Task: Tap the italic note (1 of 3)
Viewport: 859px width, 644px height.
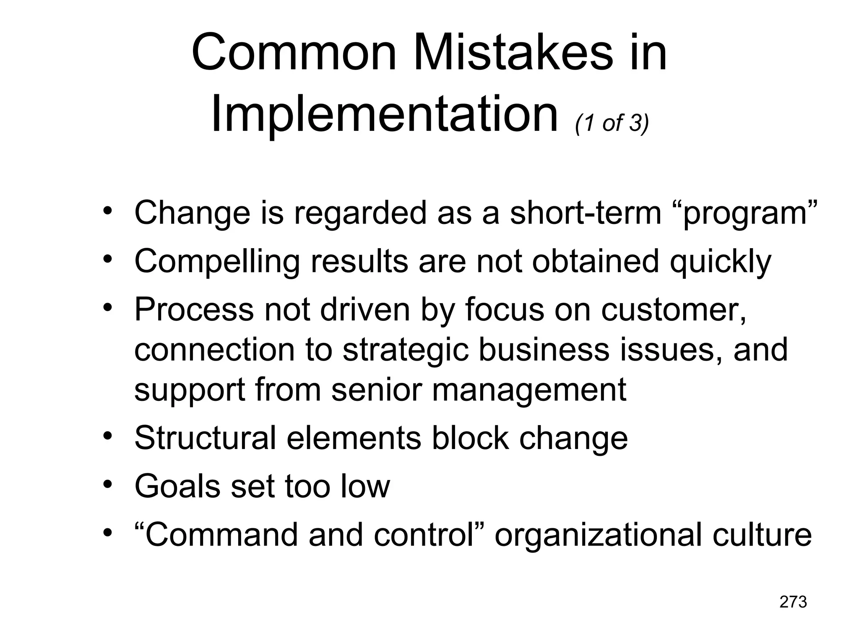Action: pos(612,123)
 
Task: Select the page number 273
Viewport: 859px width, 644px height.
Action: pos(793,602)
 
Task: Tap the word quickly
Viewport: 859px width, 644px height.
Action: pos(720,262)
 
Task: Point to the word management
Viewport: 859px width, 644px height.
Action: pos(529,390)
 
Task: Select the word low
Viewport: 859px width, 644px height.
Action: pos(365,486)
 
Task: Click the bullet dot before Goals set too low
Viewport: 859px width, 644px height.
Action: pos(108,485)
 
